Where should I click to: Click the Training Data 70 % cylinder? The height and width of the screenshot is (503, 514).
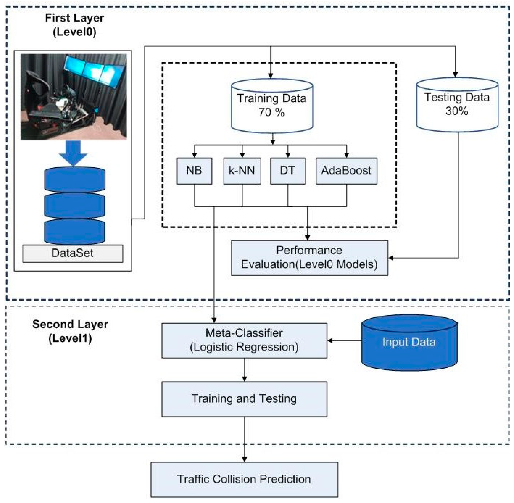pyautogui.click(x=272, y=106)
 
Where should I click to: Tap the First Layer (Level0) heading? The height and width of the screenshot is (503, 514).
pyautogui.click(x=75, y=25)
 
